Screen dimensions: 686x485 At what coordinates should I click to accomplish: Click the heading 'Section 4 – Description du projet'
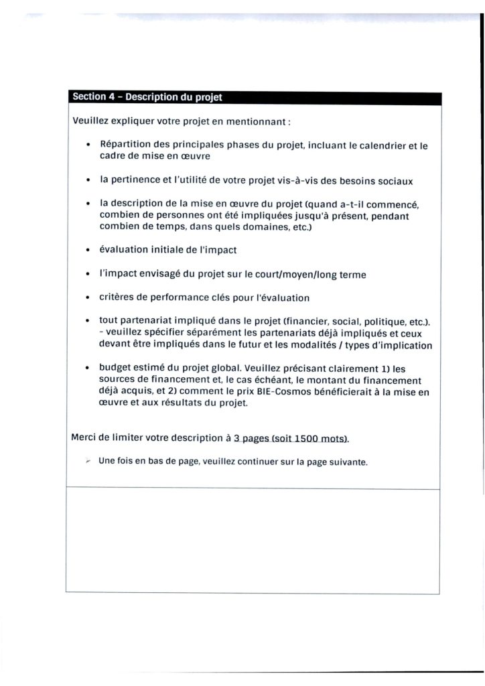pyautogui.click(x=147, y=97)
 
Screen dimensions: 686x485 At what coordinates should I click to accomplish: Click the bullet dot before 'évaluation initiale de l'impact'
pyautogui.click(x=88, y=251)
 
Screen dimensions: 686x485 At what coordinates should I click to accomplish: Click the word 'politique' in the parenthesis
pyautogui.click(x=382, y=322)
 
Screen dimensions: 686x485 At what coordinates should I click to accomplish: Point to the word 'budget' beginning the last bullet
pyautogui.click(x=115, y=368)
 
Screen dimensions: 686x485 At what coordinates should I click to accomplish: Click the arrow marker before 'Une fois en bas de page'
pyautogui.click(x=88, y=462)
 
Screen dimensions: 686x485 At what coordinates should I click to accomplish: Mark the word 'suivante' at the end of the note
pyautogui.click(x=347, y=463)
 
